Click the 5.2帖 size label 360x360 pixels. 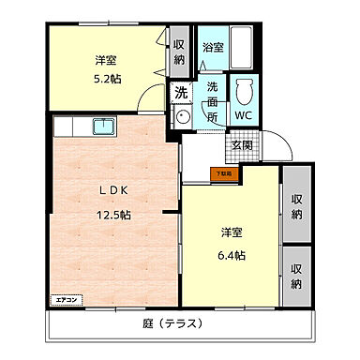click(x=105, y=79)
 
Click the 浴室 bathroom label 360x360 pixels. click(x=213, y=47)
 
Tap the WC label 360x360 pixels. click(x=244, y=116)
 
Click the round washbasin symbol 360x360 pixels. click(x=183, y=117)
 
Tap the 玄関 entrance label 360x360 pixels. click(x=242, y=145)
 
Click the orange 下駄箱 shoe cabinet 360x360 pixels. click(x=226, y=172)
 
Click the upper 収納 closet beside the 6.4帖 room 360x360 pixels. click(x=296, y=206)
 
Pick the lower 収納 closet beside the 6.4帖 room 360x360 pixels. click(x=296, y=276)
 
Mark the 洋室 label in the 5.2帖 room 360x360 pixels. click(x=105, y=60)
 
